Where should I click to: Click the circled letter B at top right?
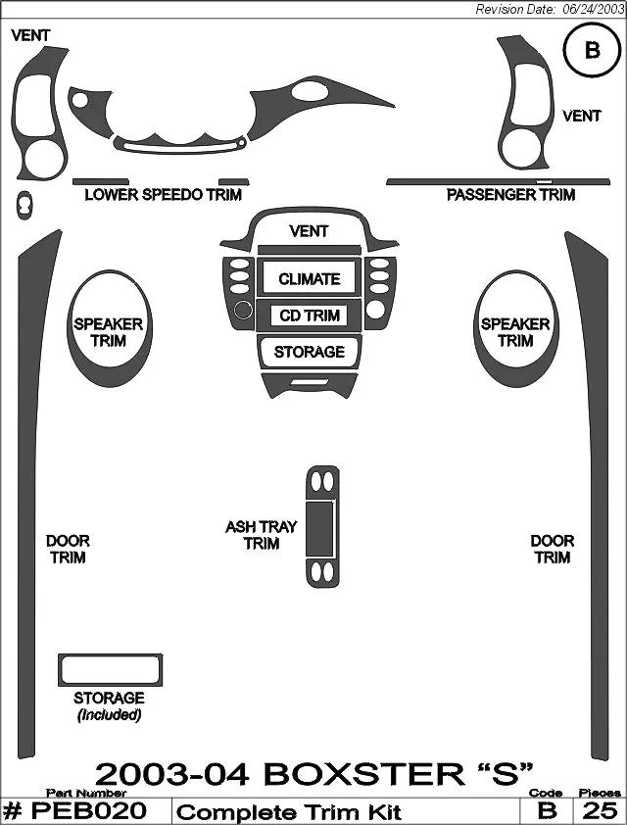[x=592, y=51]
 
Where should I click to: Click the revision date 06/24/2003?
[x=591, y=9]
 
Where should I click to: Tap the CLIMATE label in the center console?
[x=310, y=279]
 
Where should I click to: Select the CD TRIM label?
[x=310, y=315]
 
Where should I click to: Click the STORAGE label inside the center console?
[x=310, y=352]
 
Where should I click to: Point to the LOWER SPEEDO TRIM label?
[x=164, y=195]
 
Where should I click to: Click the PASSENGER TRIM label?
[x=510, y=195]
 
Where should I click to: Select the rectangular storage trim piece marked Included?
[x=110, y=670]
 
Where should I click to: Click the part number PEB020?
[x=89, y=811]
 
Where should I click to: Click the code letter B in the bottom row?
[x=547, y=811]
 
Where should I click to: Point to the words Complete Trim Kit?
[x=290, y=812]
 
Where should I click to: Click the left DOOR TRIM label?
[x=68, y=549]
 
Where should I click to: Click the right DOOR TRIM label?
[x=553, y=549]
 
